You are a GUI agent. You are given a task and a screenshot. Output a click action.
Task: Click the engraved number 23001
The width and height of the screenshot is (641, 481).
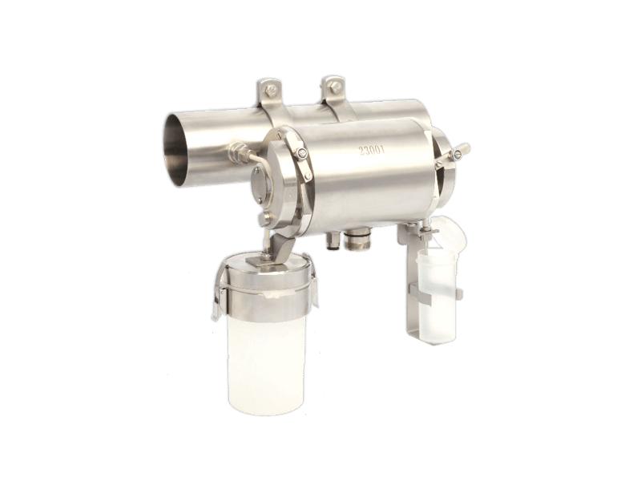click(372, 150)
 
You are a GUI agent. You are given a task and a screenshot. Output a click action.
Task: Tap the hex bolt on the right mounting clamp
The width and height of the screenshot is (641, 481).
click(334, 87)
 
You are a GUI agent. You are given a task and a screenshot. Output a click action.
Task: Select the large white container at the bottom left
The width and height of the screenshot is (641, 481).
click(266, 360)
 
